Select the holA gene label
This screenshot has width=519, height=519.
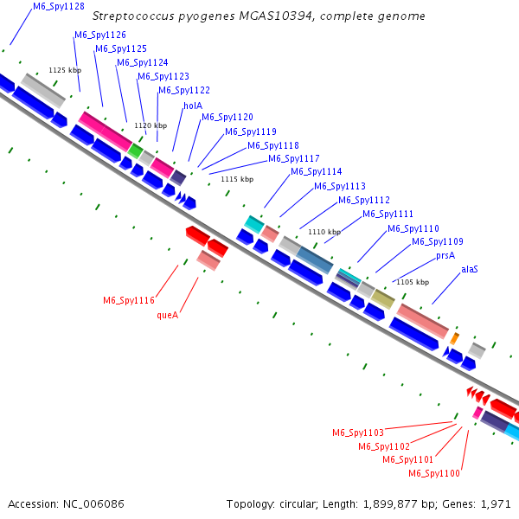point(192,106)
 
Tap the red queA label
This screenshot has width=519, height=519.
point(167,316)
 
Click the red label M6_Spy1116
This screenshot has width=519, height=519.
point(129,301)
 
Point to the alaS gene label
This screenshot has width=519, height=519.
point(470,269)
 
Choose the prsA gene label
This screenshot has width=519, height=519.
point(445,255)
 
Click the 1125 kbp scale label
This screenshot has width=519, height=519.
point(63,70)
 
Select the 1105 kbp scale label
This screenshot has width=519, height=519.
point(412,282)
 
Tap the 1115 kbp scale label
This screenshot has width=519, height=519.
point(237,179)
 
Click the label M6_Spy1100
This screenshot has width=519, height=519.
point(433,473)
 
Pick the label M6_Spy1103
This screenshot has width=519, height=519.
point(358,432)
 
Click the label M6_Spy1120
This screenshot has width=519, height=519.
point(227,118)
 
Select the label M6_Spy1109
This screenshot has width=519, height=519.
point(437,242)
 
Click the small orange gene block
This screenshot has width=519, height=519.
point(455,336)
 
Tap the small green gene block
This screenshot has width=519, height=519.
point(135,151)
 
